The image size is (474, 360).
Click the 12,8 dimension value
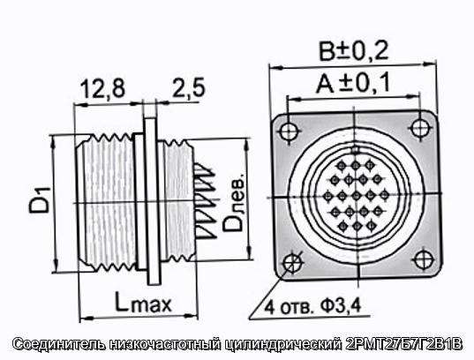pyautogui.click(x=102, y=88)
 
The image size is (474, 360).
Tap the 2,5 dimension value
pyautogui.click(x=189, y=87)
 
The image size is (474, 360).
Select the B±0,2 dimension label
pyautogui.click(x=354, y=51)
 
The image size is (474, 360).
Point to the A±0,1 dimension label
pyautogui.click(x=353, y=83)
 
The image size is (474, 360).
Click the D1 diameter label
pyautogui.click(x=40, y=200)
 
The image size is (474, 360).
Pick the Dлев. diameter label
pyautogui.click(x=233, y=203)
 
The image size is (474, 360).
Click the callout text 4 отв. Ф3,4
pyautogui.click(x=312, y=306)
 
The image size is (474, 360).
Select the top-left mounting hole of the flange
pyautogui.click(x=290, y=131)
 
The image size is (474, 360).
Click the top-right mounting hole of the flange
pyautogui.click(x=420, y=128)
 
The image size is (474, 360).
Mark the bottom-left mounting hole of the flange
pyautogui.click(x=293, y=263)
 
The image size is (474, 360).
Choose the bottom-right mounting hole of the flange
pyautogui.click(x=424, y=259)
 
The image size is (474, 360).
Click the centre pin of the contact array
pyautogui.click(x=357, y=196)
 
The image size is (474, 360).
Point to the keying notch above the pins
pyautogui.click(x=355, y=150)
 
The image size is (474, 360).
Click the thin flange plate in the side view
pyautogui.click(x=151, y=201)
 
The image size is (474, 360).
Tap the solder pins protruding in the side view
pyautogui.click(x=206, y=201)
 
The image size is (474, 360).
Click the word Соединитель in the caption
pyautogui.click(x=59, y=345)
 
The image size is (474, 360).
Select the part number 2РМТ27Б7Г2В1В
pyautogui.click(x=403, y=344)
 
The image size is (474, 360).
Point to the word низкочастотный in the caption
pyautogui.click(x=166, y=345)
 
